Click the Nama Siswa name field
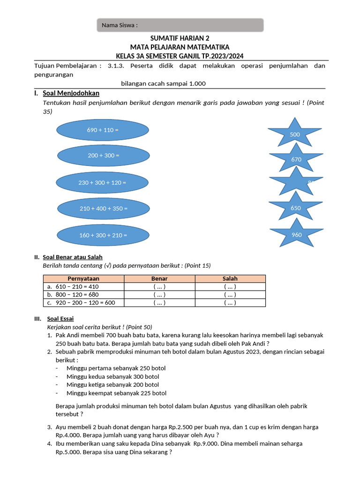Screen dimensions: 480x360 pyautogui.click(x=180, y=25)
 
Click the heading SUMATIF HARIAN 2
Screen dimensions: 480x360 pyautogui.click(x=180, y=38)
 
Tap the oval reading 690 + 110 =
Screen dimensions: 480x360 pyautogui.click(x=103, y=130)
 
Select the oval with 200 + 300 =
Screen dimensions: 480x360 pyautogui.click(x=104, y=155)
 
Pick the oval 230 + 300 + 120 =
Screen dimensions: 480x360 pyautogui.click(x=102, y=182)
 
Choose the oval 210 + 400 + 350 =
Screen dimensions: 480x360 pyautogui.click(x=104, y=208)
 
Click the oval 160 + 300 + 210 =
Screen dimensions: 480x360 pyautogui.click(x=103, y=235)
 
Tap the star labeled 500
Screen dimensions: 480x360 pyautogui.click(x=294, y=134)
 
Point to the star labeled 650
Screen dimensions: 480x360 pyautogui.click(x=295, y=208)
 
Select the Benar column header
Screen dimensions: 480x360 pyautogui.click(x=159, y=279)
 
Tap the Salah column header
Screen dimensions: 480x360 pyautogui.click(x=230, y=279)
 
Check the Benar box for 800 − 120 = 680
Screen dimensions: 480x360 pyautogui.click(x=159, y=295)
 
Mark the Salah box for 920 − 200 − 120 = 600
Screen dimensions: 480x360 pyautogui.click(x=230, y=303)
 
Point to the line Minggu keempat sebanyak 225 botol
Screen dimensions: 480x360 pyautogui.click(x=116, y=393)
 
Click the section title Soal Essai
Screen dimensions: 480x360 pyautogui.click(x=64, y=319)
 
